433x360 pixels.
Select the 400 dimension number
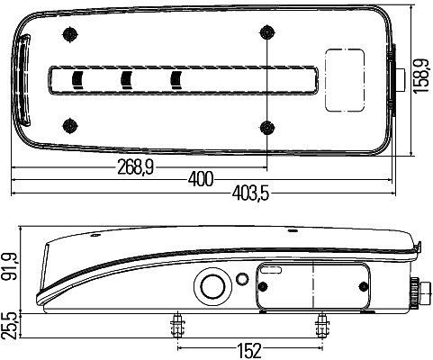tap(202, 179)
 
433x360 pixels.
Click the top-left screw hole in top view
tap(68, 34)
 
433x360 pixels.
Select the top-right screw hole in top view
tap(266, 34)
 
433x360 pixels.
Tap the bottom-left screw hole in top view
tap(68, 123)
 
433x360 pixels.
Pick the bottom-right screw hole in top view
tap(266, 124)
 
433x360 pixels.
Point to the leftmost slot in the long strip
tap(75, 79)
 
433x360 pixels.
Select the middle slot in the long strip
tap(126, 79)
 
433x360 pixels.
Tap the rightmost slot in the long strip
tap(176, 79)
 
